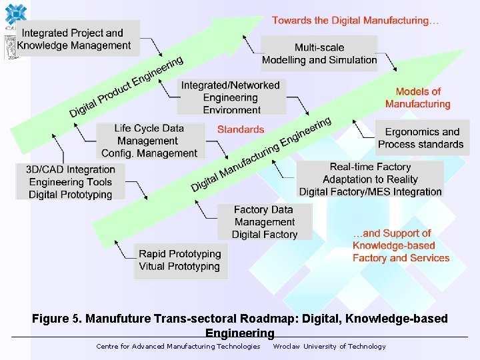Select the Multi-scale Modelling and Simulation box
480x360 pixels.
[x=319, y=53]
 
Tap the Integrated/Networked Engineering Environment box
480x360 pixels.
[x=231, y=97]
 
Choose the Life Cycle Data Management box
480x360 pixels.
[x=149, y=141]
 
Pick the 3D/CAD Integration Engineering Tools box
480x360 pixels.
[x=70, y=182]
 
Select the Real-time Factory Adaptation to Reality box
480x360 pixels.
[x=370, y=179]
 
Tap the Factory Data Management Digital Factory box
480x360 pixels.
[x=265, y=222]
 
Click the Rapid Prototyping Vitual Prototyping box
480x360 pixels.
[x=179, y=260]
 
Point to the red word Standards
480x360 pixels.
[x=241, y=129]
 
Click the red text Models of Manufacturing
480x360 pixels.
[x=418, y=98]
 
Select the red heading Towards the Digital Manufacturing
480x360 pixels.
[x=355, y=21]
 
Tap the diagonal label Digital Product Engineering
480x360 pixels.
[x=127, y=87]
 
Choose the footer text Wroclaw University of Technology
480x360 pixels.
[x=329, y=346]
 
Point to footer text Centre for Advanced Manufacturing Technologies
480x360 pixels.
[x=178, y=346]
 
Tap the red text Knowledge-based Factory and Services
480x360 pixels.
[x=401, y=246]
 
